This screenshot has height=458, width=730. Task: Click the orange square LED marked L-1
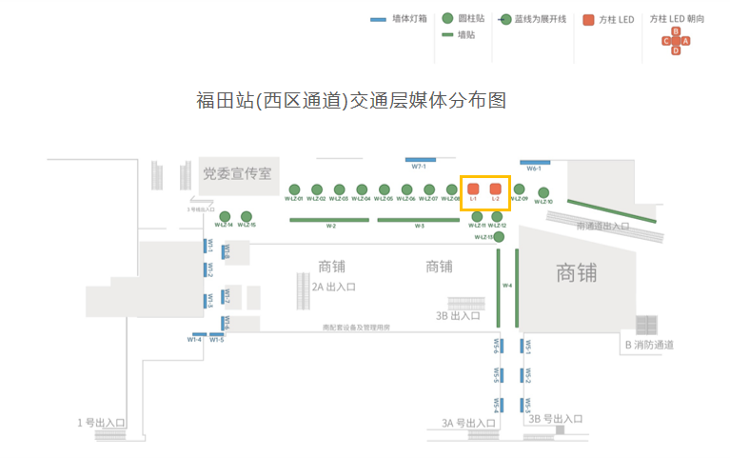(473, 189)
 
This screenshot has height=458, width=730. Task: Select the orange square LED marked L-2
(495, 189)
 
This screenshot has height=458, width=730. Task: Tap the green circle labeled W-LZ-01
(294, 189)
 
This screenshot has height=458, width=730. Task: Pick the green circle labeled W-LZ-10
(543, 192)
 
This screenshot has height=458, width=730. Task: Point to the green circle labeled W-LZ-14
(224, 216)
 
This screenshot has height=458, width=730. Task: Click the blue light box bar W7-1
(421, 160)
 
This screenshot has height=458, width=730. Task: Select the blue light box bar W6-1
(535, 162)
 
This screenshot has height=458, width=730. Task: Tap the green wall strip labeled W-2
(330, 220)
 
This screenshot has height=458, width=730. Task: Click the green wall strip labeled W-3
(419, 220)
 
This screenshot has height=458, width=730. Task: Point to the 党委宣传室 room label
(238, 173)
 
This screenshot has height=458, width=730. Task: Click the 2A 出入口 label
(333, 286)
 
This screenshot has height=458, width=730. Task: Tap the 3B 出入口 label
(458, 315)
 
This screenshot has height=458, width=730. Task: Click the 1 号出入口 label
(102, 422)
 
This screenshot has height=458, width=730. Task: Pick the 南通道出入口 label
(602, 227)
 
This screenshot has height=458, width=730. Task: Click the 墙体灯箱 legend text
(410, 18)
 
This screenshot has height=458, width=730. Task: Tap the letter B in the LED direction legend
(676, 31)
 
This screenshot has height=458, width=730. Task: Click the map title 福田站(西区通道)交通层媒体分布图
(349, 100)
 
